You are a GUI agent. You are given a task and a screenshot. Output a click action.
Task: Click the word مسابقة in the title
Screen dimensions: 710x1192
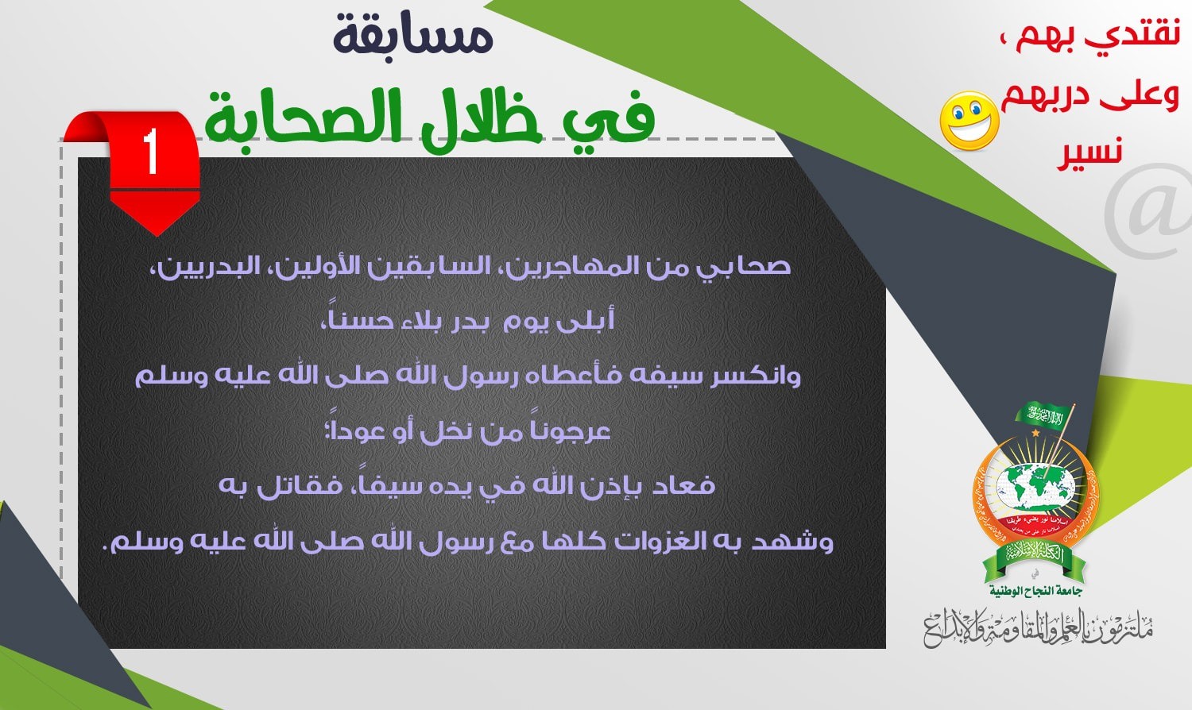[413, 36]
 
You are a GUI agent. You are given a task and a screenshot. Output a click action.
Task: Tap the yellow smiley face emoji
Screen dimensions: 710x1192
[969, 122]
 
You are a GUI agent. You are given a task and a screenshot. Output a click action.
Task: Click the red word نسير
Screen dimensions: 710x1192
[1089, 151]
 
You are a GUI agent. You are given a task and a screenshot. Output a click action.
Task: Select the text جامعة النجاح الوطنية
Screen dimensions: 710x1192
[1035, 591]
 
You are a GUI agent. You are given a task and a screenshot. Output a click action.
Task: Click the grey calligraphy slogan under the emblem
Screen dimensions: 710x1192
[1037, 627]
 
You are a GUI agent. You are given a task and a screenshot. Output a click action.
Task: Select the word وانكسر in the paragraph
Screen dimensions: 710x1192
[755, 375]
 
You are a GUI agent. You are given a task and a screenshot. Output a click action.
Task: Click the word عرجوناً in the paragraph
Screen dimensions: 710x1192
[571, 430]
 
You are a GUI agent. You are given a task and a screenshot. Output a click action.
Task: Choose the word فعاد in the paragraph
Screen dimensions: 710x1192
[683, 485]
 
